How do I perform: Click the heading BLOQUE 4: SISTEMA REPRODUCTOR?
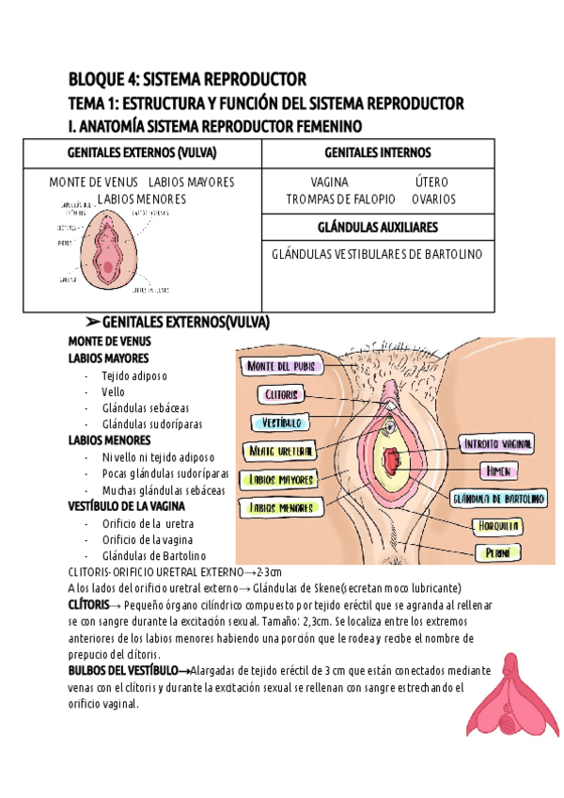187,78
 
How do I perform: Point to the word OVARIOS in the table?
433,199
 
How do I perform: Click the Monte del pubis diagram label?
283,365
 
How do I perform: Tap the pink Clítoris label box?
282,394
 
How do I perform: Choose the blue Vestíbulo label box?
281,423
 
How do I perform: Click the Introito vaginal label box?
497,443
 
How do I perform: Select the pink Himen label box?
496,470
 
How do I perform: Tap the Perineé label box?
498,552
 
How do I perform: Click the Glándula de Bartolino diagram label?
499,497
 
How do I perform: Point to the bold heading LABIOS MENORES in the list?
109,439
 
